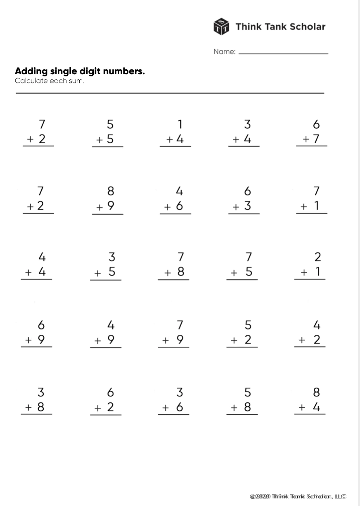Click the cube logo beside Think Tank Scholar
[x=221, y=26]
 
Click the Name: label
[x=224, y=52]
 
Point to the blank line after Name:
[x=283, y=54]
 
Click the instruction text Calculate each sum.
[x=49, y=80]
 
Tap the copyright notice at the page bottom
[x=298, y=496]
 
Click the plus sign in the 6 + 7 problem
[x=306, y=140]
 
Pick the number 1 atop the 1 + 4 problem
[x=180, y=124]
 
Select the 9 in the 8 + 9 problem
[x=110, y=206]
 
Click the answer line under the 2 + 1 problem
[x=310, y=279]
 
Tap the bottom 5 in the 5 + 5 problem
[x=110, y=139]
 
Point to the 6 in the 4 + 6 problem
[x=179, y=206]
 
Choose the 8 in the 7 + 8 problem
[x=180, y=272]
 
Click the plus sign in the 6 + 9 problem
[x=28, y=340]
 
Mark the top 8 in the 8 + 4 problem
[x=317, y=392]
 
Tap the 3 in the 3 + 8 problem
[x=41, y=392]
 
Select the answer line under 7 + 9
[x=173, y=347]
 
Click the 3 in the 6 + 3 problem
[x=247, y=206]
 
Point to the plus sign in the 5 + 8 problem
[x=234, y=408]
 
